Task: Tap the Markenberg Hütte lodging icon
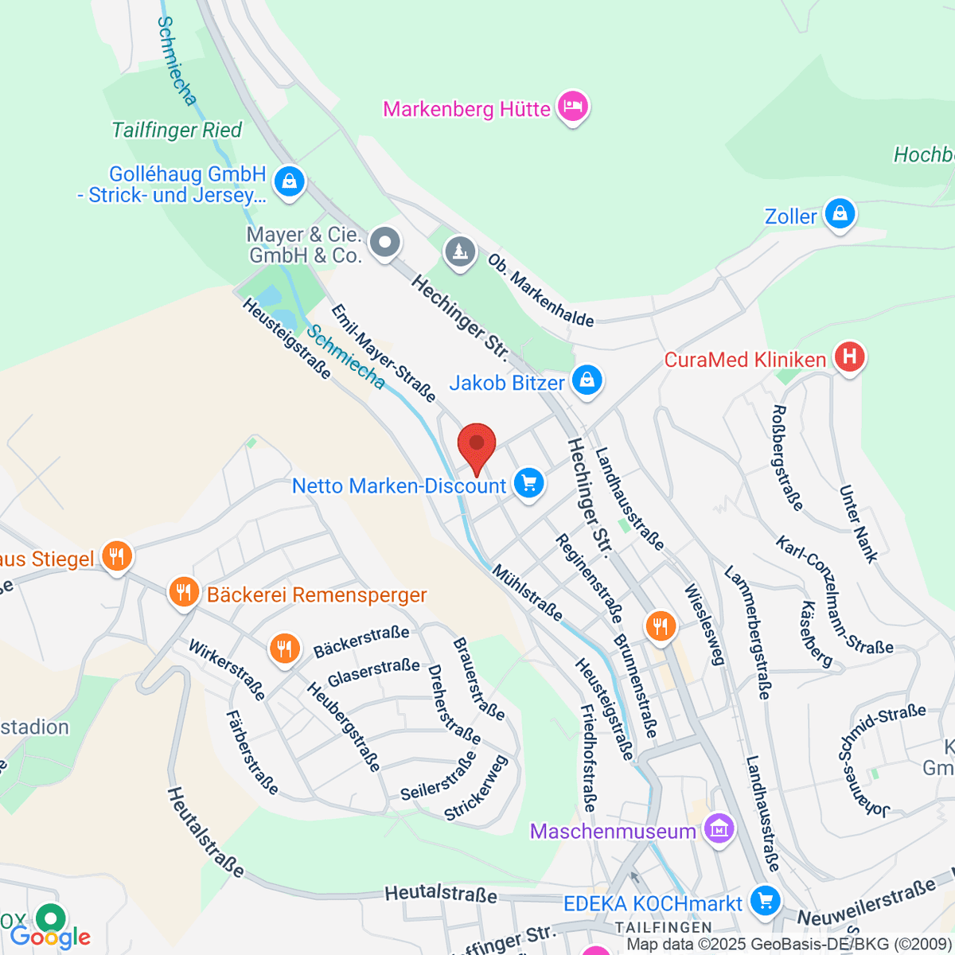pyautogui.click(x=573, y=107)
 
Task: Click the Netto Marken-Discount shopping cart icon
pyautogui.click(x=528, y=483)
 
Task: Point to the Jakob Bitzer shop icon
pyautogui.click(x=587, y=380)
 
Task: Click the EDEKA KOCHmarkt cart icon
pyautogui.click(x=766, y=901)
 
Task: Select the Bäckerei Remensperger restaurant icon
pyautogui.click(x=184, y=592)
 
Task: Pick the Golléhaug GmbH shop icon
pyautogui.click(x=289, y=181)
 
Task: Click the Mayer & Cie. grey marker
pyautogui.click(x=386, y=241)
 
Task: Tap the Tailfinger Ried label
pyautogui.click(x=177, y=131)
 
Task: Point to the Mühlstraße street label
pyautogui.click(x=528, y=593)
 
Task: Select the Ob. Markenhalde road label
pyautogui.click(x=540, y=290)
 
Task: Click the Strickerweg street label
pyautogui.click(x=476, y=789)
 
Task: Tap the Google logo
pyautogui.click(x=49, y=936)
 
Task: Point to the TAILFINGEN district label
pyautogui.click(x=663, y=928)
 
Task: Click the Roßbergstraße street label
pyautogui.click(x=787, y=458)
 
